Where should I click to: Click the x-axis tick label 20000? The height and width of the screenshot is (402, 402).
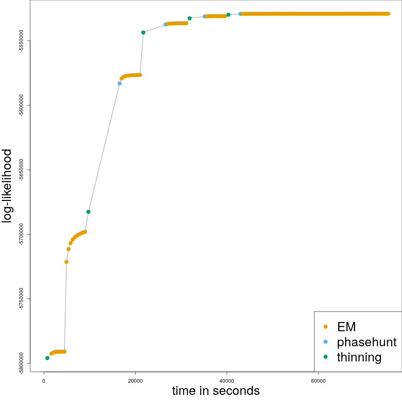click(x=135, y=381)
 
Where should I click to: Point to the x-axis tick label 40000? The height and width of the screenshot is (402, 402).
click(x=227, y=381)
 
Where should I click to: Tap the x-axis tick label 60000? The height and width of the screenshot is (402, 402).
click(x=318, y=381)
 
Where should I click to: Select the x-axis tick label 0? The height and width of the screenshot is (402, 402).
click(x=44, y=381)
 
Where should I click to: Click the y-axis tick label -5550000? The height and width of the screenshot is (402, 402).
click(x=21, y=41)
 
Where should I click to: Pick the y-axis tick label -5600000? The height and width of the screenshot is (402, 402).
click(x=21, y=105)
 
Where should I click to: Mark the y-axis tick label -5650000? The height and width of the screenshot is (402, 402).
click(x=21, y=170)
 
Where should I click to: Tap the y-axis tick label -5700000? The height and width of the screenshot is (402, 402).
click(x=21, y=234)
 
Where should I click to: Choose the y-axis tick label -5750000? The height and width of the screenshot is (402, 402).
click(x=21, y=299)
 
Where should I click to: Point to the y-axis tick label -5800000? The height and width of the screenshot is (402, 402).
click(x=21, y=363)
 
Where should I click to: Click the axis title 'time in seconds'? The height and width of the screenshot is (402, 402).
click(x=216, y=391)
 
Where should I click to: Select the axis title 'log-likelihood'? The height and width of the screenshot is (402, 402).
click(x=7, y=186)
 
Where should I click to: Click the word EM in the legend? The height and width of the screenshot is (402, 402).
click(x=346, y=327)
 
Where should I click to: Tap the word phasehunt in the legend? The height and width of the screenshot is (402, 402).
click(x=366, y=342)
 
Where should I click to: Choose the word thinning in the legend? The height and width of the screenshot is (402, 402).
click(x=359, y=357)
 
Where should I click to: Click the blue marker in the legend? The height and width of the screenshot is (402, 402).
click(x=326, y=342)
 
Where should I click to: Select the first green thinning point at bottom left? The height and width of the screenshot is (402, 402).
click(x=47, y=358)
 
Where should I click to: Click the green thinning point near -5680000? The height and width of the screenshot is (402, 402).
click(x=88, y=212)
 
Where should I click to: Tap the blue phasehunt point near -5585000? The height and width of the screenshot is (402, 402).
click(x=120, y=83)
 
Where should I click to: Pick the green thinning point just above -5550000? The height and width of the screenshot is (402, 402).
click(x=143, y=32)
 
